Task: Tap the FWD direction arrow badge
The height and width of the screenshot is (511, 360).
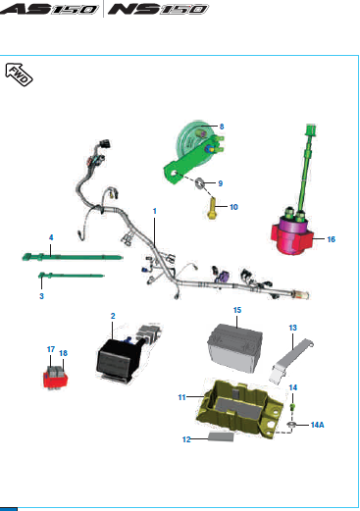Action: coord(21,75)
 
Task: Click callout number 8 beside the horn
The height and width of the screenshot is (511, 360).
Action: coord(222,127)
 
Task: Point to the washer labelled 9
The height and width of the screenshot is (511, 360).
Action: coord(202,184)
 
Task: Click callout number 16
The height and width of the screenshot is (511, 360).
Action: coord(331,238)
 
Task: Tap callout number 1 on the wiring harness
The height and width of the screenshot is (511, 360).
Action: coord(154,212)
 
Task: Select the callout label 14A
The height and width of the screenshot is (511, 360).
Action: coord(318,425)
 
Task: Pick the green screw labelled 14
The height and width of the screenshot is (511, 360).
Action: coord(292,406)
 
